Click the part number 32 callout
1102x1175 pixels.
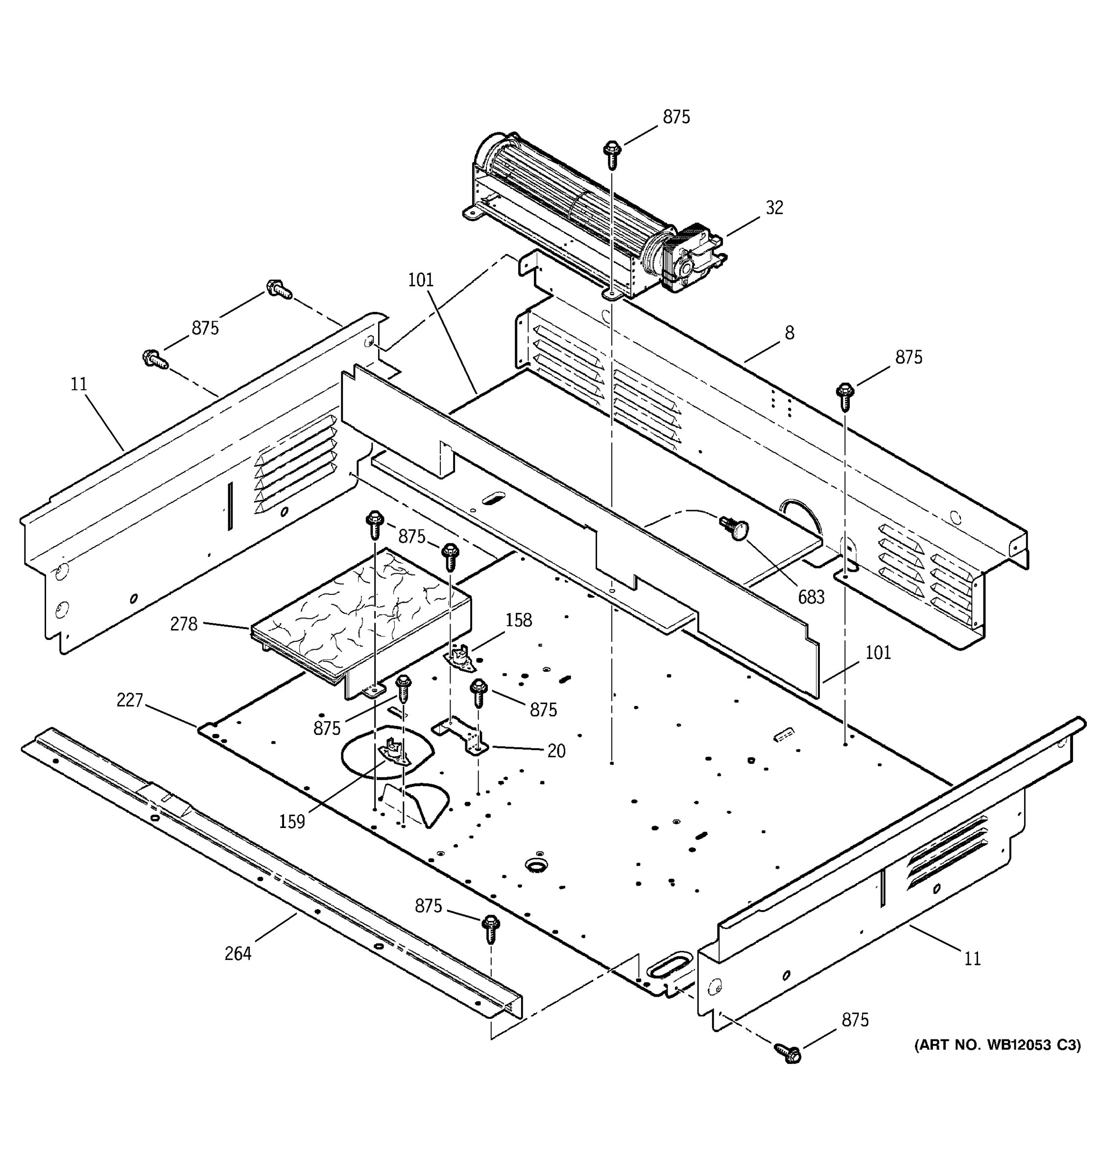coord(774,208)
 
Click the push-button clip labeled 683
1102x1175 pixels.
coord(735,528)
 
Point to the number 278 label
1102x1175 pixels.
coord(183,624)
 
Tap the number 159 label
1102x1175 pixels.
coord(291,822)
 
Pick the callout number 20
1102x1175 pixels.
coord(556,751)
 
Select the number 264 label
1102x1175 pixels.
coord(238,953)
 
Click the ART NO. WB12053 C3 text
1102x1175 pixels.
coord(997,1045)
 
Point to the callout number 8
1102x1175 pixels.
coord(789,333)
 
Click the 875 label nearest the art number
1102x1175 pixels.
coord(855,1020)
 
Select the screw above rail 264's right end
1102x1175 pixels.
coord(491,929)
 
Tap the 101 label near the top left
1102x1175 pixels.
coord(420,280)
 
